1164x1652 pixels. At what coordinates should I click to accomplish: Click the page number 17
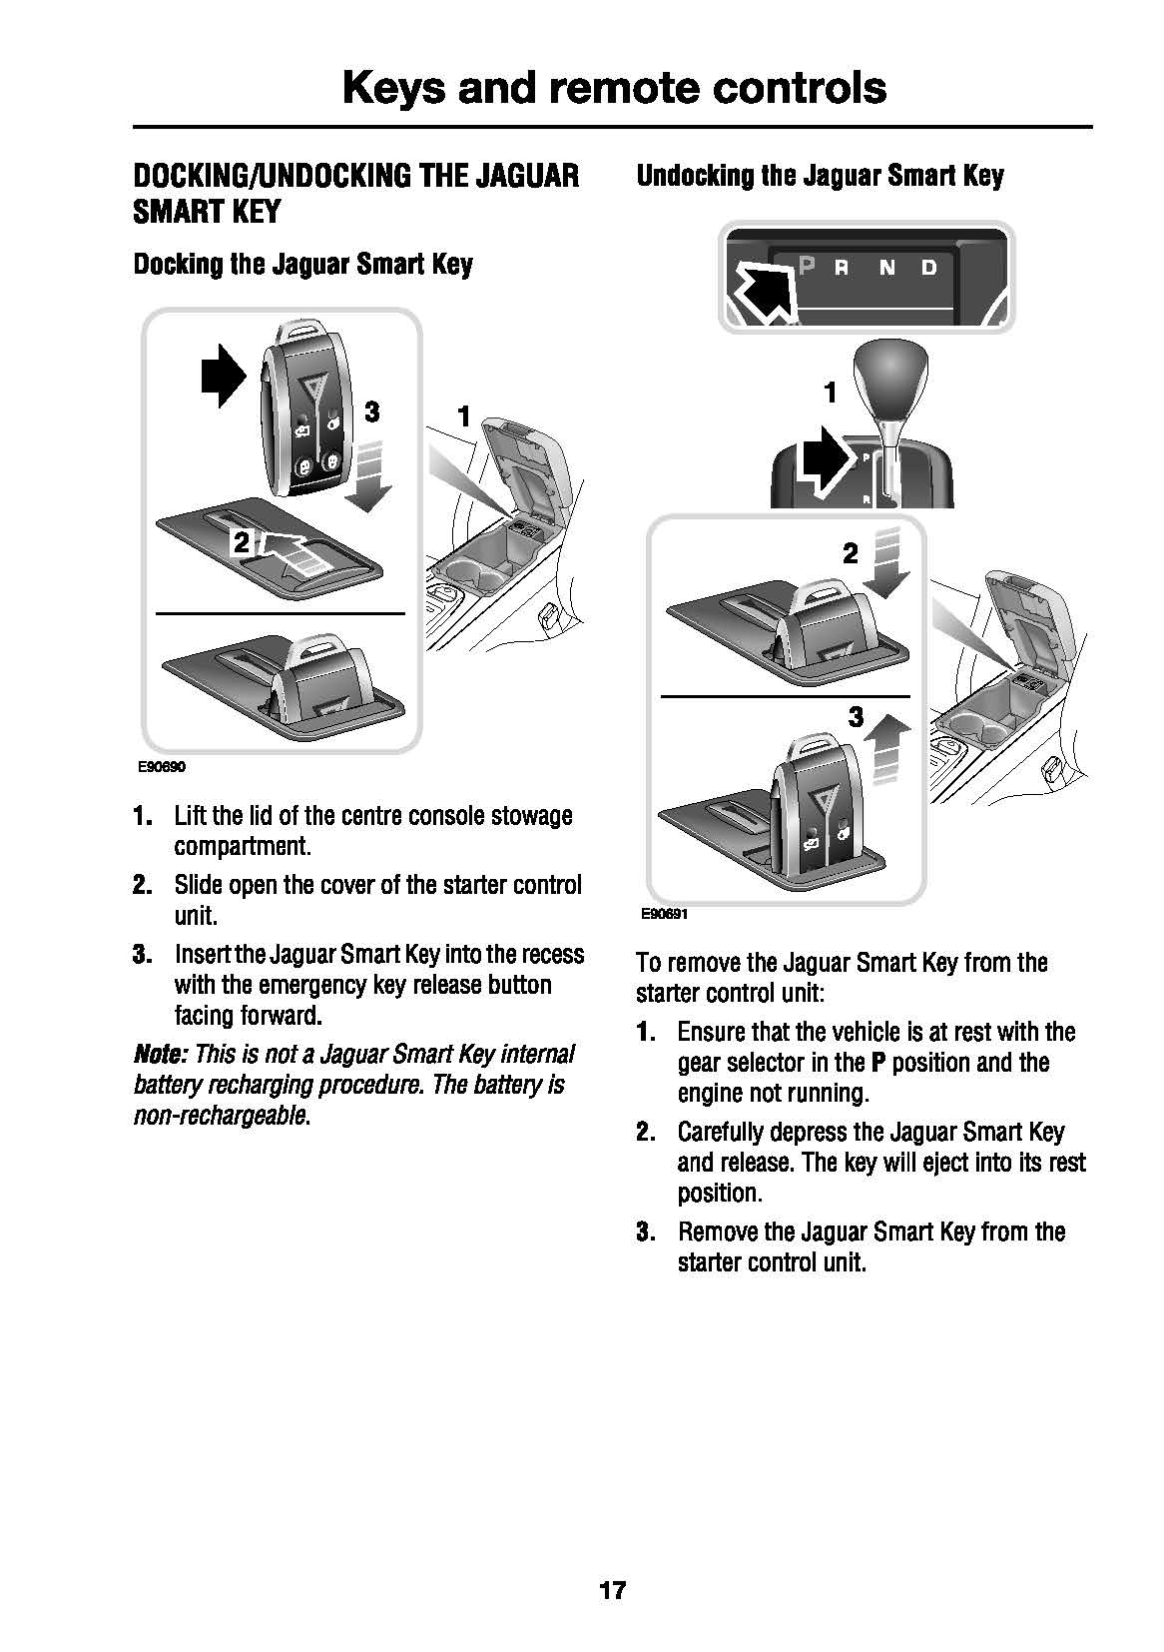[x=612, y=1590]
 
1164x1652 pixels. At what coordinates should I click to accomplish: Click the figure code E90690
[x=163, y=767]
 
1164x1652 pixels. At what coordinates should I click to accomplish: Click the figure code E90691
[x=665, y=914]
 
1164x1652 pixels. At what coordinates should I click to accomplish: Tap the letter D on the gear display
[x=929, y=268]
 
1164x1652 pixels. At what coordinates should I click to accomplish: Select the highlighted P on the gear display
[x=807, y=266]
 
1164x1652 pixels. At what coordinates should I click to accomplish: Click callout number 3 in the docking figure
[x=370, y=412]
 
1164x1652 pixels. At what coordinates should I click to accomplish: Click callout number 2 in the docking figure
[x=241, y=542]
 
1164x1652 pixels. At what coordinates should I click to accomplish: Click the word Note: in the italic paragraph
[x=160, y=1055]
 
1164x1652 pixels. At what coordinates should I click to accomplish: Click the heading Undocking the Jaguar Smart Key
[x=820, y=177]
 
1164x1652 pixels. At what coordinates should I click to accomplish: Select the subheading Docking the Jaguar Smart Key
[x=302, y=265]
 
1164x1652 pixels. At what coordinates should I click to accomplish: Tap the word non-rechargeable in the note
[x=220, y=1116]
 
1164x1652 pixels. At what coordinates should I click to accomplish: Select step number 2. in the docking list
[x=143, y=886]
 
